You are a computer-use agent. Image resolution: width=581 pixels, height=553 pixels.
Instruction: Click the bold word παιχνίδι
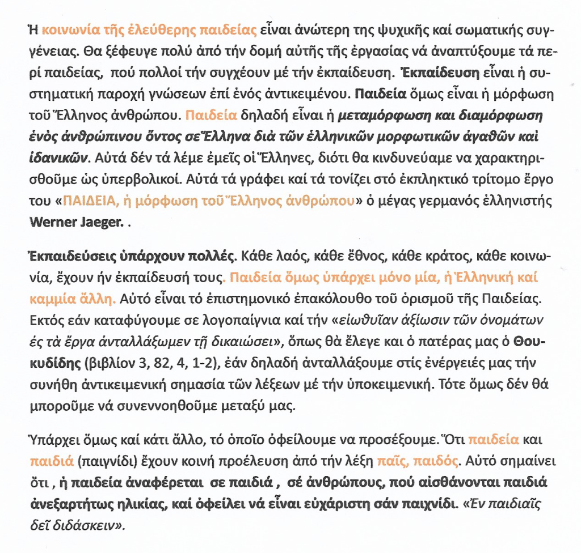tap(421, 503)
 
